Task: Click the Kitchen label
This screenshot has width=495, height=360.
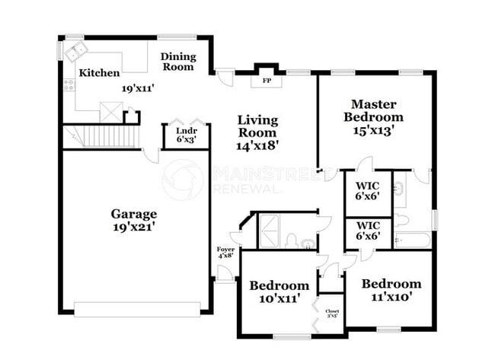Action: (99, 73)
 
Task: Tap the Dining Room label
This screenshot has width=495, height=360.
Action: (178, 62)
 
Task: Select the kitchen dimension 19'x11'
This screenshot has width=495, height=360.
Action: (139, 88)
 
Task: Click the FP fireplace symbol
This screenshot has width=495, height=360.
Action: (267, 79)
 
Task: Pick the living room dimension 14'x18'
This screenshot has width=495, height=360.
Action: (257, 145)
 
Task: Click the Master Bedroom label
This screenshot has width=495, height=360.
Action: (373, 110)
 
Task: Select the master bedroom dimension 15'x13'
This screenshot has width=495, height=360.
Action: (373, 129)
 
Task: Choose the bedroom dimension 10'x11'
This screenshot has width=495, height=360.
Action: (279, 298)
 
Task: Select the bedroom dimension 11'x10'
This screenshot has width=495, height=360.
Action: (391, 297)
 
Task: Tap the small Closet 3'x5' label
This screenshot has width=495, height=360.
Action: (333, 314)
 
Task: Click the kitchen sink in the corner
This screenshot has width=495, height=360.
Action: (76, 53)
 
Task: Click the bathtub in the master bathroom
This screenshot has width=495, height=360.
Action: (412, 241)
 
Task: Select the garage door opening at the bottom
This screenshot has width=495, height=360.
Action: (137, 309)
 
